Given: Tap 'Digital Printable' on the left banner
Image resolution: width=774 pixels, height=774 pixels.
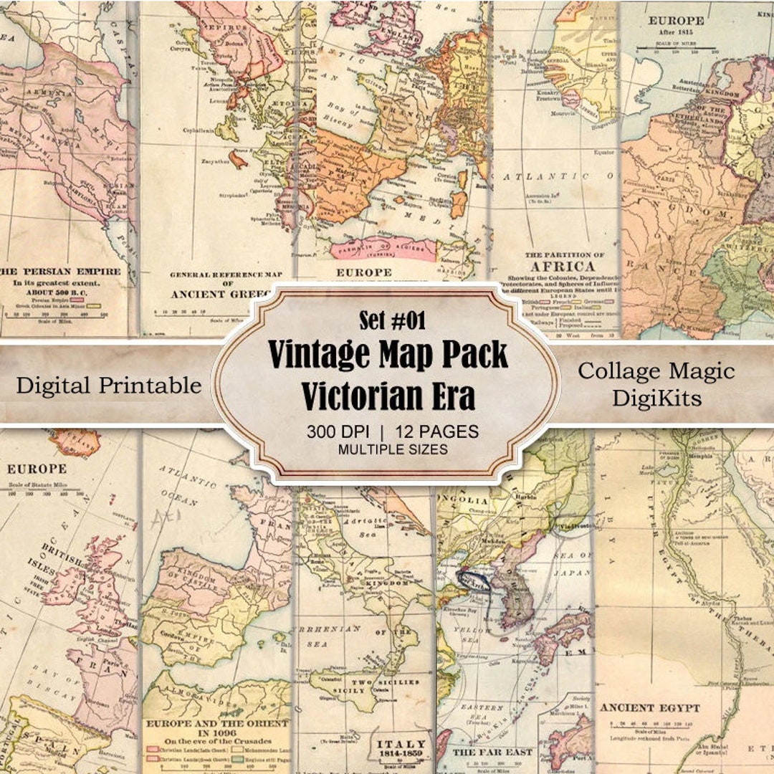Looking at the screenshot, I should [109, 386].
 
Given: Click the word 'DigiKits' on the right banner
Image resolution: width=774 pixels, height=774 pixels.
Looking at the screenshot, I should [656, 398].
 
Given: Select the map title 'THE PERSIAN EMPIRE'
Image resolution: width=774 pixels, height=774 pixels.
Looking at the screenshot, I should [66, 272].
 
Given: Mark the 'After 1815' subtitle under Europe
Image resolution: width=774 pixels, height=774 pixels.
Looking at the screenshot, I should [676, 34].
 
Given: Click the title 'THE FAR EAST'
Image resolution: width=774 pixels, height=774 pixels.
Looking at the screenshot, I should [493, 752].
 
